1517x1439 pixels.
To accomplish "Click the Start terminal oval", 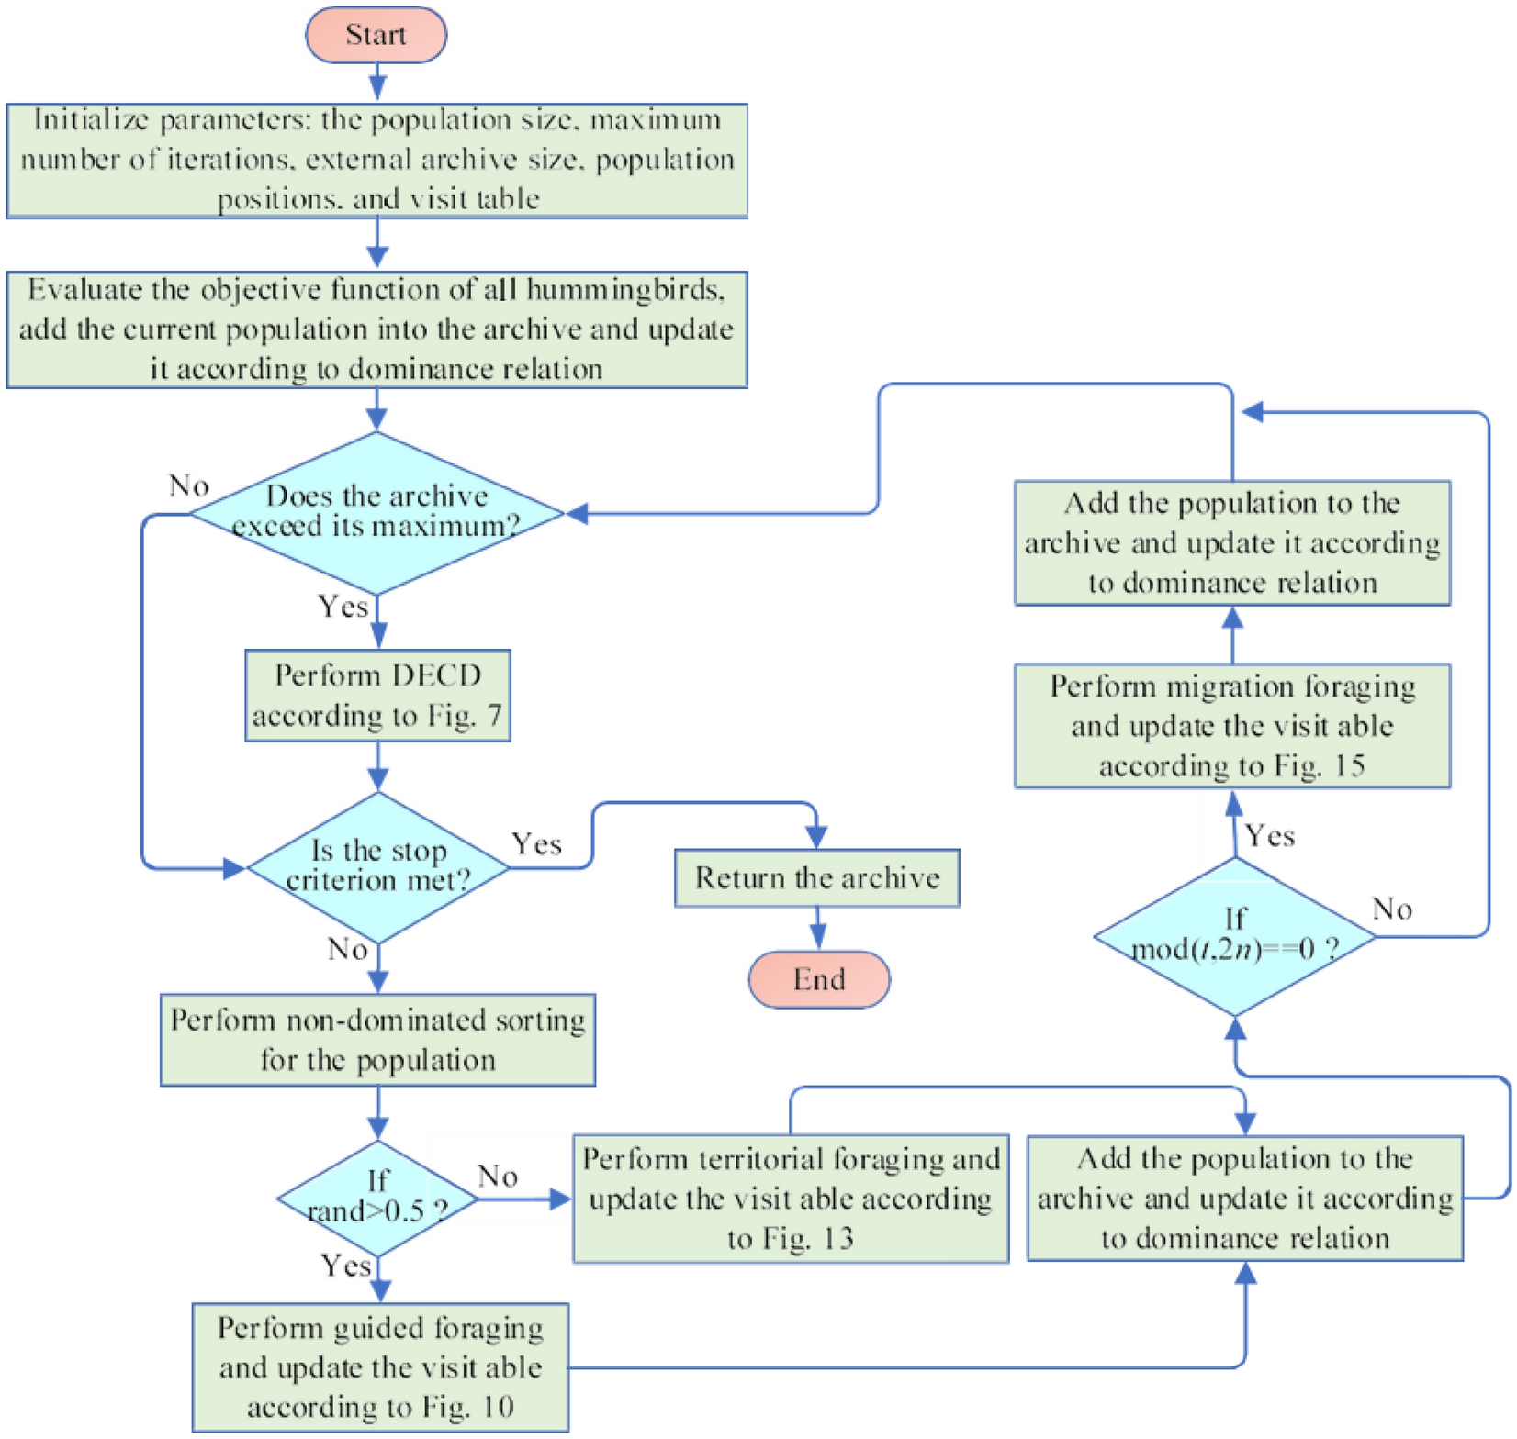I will [x=376, y=35].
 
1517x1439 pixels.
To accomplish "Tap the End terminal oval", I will [x=818, y=979].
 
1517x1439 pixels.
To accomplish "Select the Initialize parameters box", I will [x=376, y=160].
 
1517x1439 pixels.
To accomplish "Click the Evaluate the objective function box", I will [x=376, y=329].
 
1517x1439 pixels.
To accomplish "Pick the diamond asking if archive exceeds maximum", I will [x=376, y=512].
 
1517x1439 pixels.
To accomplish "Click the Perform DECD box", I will [x=377, y=696].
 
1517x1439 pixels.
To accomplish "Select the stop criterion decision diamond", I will [x=377, y=866].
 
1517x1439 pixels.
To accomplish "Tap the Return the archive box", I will [x=816, y=878].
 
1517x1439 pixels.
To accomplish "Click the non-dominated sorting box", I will [x=377, y=1040].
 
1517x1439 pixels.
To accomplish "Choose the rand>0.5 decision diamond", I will [x=377, y=1198].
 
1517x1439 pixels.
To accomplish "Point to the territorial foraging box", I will [x=790, y=1199].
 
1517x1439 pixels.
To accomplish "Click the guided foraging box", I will [x=379, y=1367].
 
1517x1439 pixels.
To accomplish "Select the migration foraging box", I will [x=1231, y=726].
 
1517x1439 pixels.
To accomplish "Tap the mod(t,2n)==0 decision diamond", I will [x=1234, y=936].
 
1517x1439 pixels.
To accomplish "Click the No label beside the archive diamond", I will [x=188, y=485].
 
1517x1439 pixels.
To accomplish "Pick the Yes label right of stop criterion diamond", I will [x=536, y=844].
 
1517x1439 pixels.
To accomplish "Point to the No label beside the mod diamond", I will [x=1391, y=909].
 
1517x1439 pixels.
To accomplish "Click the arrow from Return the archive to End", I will [x=817, y=928].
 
